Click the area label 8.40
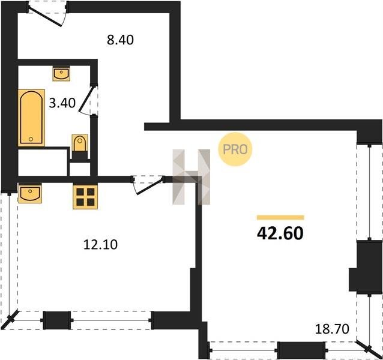(120, 40)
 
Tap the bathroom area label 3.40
(62, 103)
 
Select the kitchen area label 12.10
(100, 244)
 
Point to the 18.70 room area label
(332, 329)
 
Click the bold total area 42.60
(280, 233)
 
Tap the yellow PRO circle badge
(235, 149)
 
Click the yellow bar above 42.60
(280, 217)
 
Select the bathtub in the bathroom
(31, 118)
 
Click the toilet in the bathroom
(80, 143)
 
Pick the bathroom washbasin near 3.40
(61, 74)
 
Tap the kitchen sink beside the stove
(30, 194)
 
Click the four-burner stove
(85, 197)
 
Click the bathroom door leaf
(85, 99)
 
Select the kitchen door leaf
(149, 187)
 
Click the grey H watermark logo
(191, 177)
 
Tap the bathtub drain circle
(31, 139)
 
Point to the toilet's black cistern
(80, 155)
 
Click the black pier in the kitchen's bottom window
(57, 320)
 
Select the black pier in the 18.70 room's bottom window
(301, 350)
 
